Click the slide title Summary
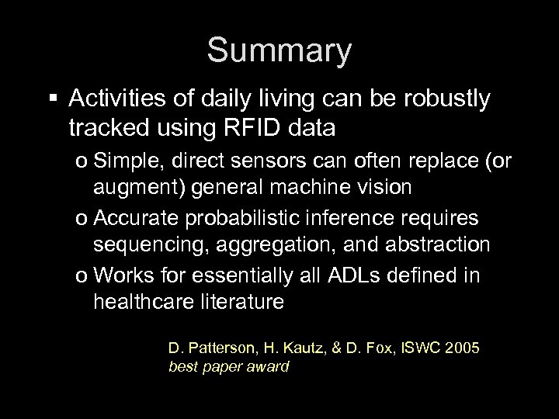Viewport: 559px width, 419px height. point(279,52)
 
